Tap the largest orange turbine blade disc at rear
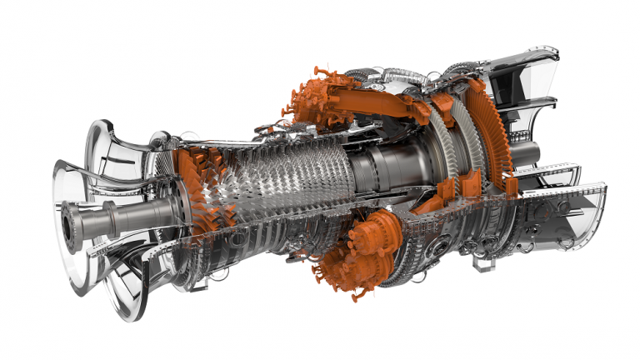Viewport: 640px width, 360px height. (492, 133)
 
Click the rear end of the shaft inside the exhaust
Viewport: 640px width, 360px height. (528, 154)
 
